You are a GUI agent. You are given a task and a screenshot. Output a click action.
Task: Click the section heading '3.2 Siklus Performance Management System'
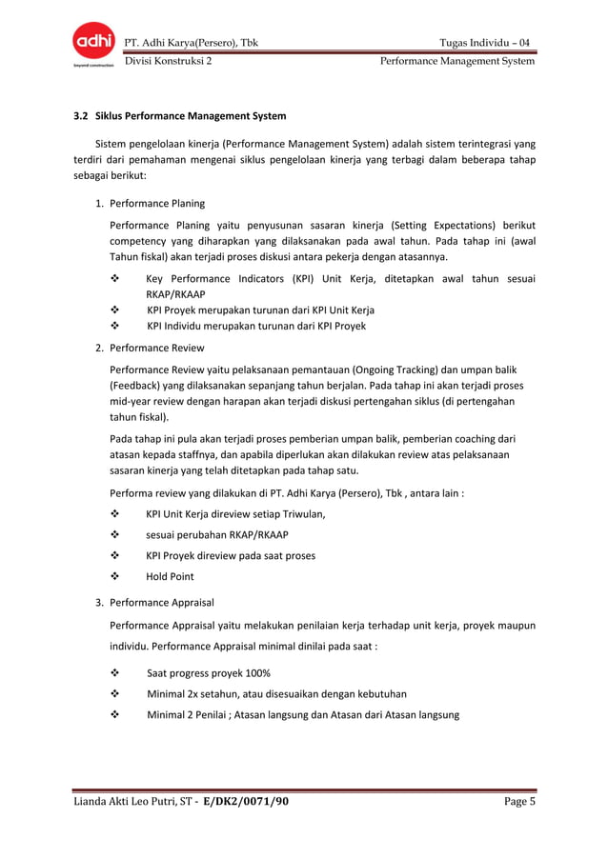point(180,117)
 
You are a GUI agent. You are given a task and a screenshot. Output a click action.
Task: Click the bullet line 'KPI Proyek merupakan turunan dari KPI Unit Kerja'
point(260,310)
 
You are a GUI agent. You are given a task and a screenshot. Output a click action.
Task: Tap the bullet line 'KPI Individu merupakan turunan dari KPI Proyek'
point(256,326)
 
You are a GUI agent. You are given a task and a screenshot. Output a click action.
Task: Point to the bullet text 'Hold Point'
point(170,576)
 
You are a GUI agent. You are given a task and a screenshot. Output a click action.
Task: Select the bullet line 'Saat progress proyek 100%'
point(209,672)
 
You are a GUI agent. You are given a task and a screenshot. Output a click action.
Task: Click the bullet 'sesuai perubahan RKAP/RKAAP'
point(217,534)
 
